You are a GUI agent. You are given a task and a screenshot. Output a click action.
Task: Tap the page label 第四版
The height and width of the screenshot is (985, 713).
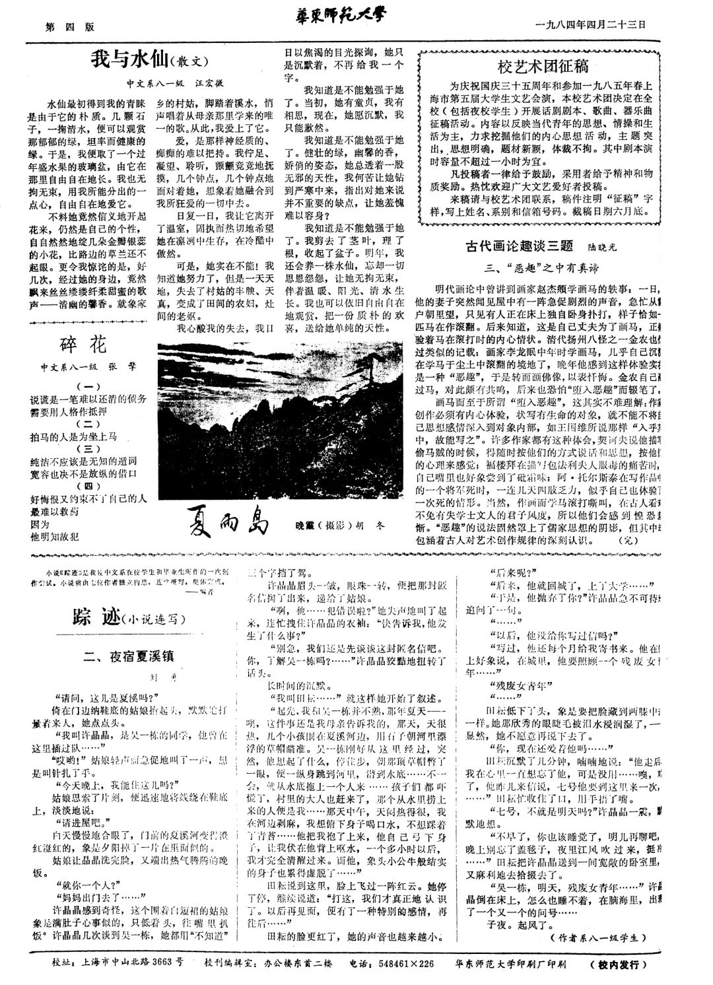[x=69, y=27]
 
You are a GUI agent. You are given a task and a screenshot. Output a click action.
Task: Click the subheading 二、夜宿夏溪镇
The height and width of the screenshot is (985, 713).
[x=128, y=656]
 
